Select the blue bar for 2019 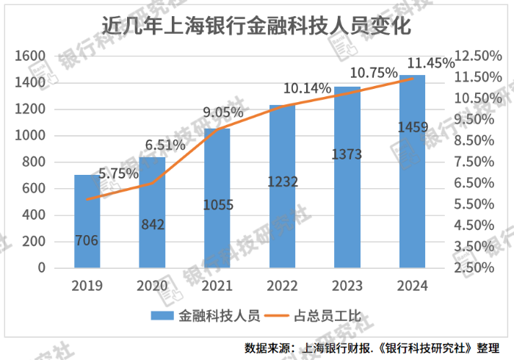[87, 220]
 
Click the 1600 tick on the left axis [31, 57]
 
